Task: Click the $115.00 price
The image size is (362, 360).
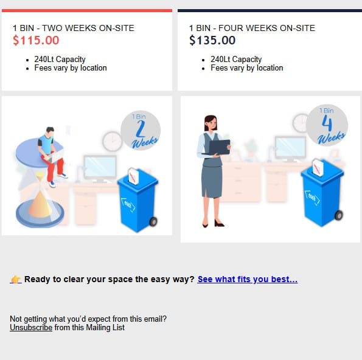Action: [x=36, y=40]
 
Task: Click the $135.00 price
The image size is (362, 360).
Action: [x=212, y=40]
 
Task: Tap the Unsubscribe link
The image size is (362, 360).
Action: [x=31, y=327]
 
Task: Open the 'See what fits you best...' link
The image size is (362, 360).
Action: [x=248, y=279]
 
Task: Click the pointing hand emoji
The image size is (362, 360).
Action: [x=16, y=279]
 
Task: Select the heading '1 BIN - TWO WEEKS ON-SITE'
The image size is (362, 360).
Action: [x=74, y=28]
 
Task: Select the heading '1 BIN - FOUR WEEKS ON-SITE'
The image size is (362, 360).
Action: [x=252, y=28]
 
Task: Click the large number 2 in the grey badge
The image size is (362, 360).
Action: [x=141, y=129]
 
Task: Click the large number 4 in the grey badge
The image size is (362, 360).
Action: [x=327, y=123]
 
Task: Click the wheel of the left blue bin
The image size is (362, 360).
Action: [x=153, y=221]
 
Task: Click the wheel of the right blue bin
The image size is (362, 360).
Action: [x=338, y=215]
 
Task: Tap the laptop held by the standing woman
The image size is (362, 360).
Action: [x=218, y=147]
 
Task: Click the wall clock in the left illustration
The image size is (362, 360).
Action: [x=112, y=142]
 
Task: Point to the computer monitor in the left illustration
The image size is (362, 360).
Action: [x=100, y=168]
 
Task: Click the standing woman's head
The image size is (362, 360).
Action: [x=211, y=123]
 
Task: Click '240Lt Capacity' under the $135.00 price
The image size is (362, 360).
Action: [x=236, y=60]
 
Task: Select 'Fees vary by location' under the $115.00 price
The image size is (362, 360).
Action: [x=71, y=68]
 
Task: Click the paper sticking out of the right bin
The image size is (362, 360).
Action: [x=318, y=168]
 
